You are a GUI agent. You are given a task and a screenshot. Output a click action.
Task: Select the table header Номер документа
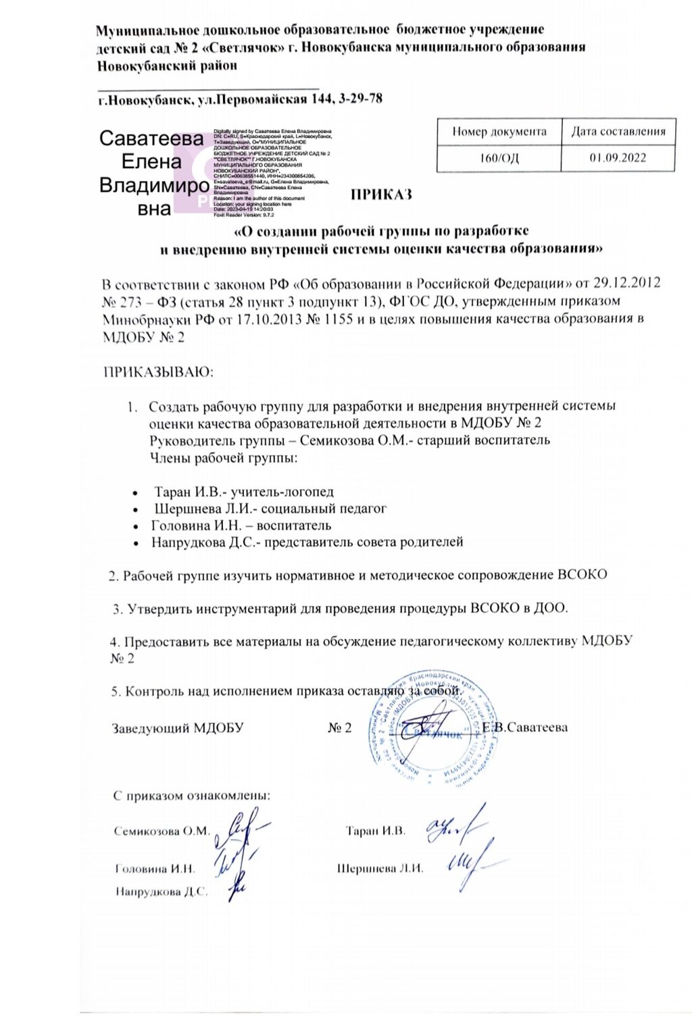499,130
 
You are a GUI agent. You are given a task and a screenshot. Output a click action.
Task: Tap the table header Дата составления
618,130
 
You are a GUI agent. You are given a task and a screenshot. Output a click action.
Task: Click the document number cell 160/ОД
499,157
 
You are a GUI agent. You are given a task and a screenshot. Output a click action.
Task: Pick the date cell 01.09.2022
618,157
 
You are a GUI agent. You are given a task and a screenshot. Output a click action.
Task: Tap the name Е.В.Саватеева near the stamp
525,727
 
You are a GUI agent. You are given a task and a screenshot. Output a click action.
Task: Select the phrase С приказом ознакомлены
192,795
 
